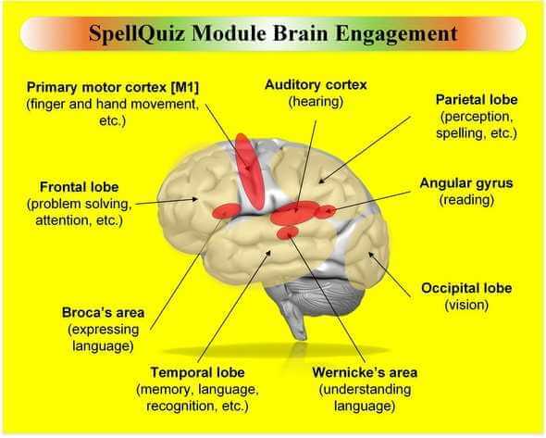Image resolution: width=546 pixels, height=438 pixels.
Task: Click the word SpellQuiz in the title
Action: (136, 34)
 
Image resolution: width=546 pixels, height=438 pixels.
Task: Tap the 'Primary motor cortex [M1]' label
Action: (113, 87)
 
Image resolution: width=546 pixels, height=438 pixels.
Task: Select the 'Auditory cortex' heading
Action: (316, 84)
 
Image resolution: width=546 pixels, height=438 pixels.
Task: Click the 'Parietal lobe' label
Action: (477, 100)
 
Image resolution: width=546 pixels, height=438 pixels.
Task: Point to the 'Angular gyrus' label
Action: (466, 183)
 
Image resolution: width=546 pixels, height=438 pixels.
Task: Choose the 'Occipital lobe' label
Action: (466, 288)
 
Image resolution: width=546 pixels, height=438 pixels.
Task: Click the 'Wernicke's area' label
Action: (365, 372)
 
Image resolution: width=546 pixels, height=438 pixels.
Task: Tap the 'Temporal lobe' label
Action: (197, 372)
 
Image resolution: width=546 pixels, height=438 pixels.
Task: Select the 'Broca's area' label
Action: (103, 313)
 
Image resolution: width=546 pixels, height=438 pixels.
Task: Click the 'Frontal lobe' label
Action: (79, 187)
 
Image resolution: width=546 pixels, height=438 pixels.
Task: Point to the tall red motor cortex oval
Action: (249, 171)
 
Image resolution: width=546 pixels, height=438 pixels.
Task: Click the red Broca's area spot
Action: (227, 210)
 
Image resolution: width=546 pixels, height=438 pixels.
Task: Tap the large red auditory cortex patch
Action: (293, 213)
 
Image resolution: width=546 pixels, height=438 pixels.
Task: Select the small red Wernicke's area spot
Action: (288, 232)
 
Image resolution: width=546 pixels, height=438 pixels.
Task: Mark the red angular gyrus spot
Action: (326, 211)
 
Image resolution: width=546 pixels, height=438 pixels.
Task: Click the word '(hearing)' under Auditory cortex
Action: (316, 102)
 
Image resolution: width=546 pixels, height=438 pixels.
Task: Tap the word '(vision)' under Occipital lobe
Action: (466, 306)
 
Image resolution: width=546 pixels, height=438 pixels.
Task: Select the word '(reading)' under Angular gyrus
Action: (466, 200)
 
